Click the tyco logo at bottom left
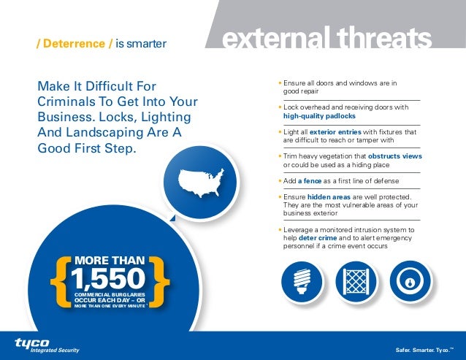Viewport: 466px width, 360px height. tap(33, 342)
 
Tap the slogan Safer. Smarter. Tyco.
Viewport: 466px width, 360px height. tap(424, 350)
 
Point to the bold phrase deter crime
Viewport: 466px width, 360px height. tap(318, 238)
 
